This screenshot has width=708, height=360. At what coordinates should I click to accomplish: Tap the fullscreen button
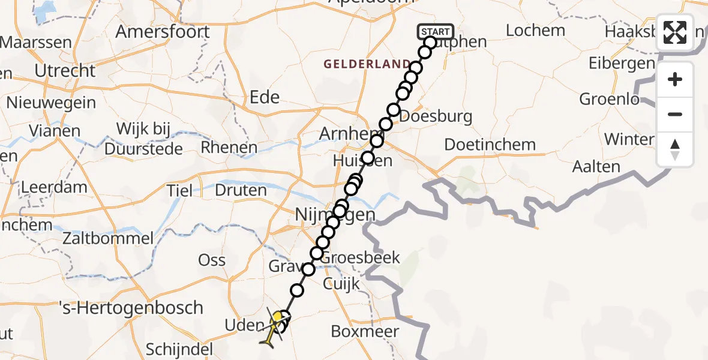coord(675,32)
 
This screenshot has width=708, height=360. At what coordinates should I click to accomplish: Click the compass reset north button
coord(675,149)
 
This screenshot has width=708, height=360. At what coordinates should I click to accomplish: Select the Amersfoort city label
coord(163,32)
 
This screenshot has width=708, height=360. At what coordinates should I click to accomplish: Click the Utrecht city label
coord(65,71)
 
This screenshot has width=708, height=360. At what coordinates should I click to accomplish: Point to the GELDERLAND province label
coord(367,64)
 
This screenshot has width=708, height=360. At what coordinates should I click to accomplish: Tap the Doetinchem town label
coord(490,145)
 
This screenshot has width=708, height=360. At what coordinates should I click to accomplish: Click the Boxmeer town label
coord(365,331)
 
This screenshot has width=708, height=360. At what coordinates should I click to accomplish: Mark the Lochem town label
coord(535,30)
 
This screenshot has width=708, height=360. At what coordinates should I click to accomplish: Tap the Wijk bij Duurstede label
coord(144,138)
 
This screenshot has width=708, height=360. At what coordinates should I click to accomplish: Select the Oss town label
coord(212,260)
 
